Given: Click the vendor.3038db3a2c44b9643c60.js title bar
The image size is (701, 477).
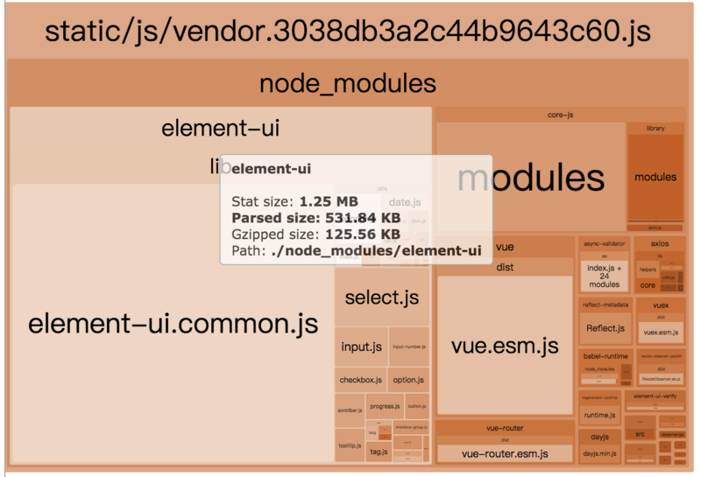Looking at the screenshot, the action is click(348, 32).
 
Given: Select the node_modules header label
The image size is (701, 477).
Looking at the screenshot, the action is click(348, 84).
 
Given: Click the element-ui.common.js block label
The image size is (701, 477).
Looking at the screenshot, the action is click(173, 324).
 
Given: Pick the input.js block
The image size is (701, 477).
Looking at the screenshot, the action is click(361, 347).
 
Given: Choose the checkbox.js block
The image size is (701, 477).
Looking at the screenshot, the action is click(361, 380).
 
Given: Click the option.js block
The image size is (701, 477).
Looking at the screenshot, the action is click(408, 380).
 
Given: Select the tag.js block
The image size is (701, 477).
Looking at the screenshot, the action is click(379, 452).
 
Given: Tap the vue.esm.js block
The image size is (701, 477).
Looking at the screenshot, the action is click(504, 346).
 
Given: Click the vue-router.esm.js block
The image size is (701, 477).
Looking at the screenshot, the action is click(504, 453).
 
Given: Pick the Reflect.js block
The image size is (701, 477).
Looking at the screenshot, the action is click(604, 328).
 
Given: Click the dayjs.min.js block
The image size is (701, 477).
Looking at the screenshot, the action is click(599, 453).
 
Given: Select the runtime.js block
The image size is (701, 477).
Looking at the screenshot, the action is click(599, 414).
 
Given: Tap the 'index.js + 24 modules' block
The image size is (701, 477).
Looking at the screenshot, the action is click(604, 276).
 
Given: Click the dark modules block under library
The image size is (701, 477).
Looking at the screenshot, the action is click(655, 177).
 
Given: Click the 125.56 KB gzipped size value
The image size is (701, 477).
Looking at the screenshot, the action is click(363, 234).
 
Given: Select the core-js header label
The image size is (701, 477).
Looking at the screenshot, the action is click(560, 115).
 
